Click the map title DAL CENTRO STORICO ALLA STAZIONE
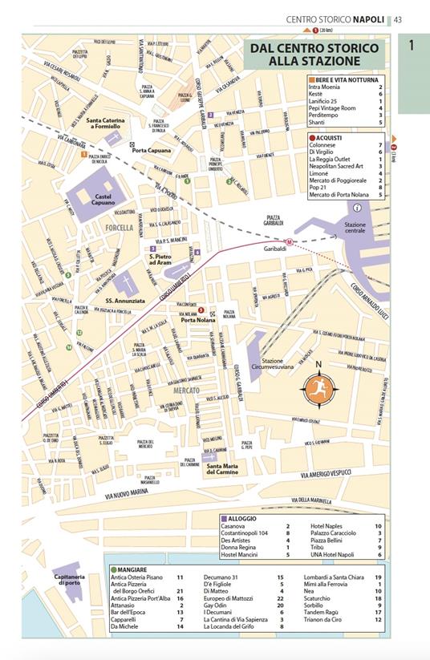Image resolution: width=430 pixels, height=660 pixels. pyautogui.click(x=313, y=55)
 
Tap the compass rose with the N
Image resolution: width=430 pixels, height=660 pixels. pyautogui.click(x=318, y=387)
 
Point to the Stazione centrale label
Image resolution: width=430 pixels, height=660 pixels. pyautogui.click(x=355, y=228)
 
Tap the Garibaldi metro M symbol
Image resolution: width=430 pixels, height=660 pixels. pyautogui.click(x=290, y=242)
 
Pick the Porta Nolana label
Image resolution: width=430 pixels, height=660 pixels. pyautogui.click(x=199, y=320)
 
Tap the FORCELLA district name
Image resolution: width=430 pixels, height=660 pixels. pyautogui.click(x=119, y=229)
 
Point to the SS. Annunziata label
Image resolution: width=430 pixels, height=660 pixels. pyautogui.click(x=125, y=301)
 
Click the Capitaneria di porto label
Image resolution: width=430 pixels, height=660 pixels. pyautogui.click(x=70, y=580)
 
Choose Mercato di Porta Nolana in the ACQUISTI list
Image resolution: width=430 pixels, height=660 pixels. pyautogui.click(x=340, y=196)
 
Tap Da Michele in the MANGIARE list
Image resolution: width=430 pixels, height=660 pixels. pyautogui.click(x=124, y=626)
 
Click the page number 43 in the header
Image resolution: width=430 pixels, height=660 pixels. pyautogui.click(x=397, y=19)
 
